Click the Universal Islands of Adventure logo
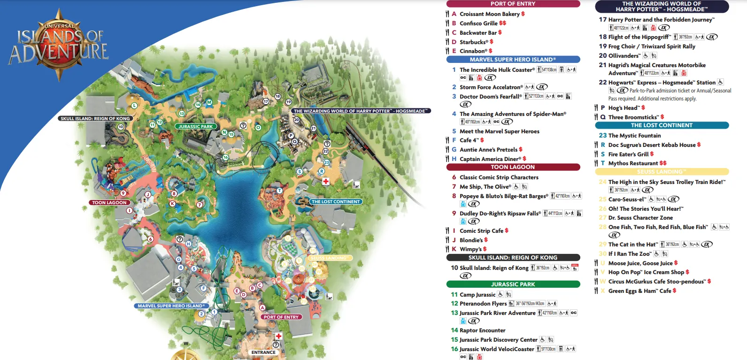point(59,45)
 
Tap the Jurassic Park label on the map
point(196,126)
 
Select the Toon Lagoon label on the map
point(109,203)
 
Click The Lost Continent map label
point(336,202)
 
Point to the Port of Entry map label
point(281,317)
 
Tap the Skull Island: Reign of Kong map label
point(95,119)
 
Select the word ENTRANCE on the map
point(263,352)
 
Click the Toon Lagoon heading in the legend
point(513,167)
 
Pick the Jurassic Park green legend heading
point(513,284)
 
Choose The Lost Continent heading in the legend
point(662,125)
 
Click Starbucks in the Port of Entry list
point(474,42)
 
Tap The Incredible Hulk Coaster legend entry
point(497,70)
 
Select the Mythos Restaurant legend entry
point(633,163)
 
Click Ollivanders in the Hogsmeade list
point(624,56)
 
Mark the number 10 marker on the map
point(121,127)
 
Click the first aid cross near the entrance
point(278,337)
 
